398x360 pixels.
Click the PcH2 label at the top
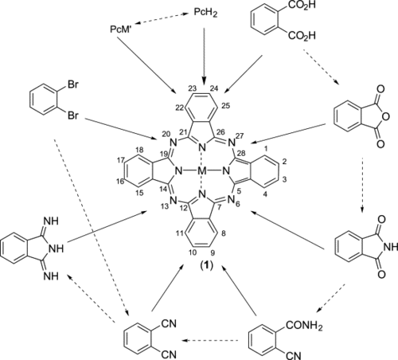click(205, 13)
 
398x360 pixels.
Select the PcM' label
click(122, 29)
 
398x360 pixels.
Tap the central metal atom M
click(202, 171)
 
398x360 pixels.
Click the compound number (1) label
click(206, 266)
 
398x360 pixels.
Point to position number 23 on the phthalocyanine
click(193, 88)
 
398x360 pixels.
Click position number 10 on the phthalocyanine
click(193, 252)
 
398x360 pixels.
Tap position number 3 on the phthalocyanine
click(284, 180)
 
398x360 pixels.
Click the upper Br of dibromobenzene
click(73, 85)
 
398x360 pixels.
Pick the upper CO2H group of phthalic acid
click(302, 5)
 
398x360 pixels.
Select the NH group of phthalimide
click(391, 247)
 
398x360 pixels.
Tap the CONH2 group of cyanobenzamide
click(304, 326)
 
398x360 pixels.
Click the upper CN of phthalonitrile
click(169, 323)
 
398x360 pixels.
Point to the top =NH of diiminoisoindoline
click(51, 221)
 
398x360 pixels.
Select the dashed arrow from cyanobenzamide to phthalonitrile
click(210, 340)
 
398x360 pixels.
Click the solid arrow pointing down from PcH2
click(204, 57)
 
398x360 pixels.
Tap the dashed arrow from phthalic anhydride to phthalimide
click(362, 186)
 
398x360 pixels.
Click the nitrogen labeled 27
click(232, 143)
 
